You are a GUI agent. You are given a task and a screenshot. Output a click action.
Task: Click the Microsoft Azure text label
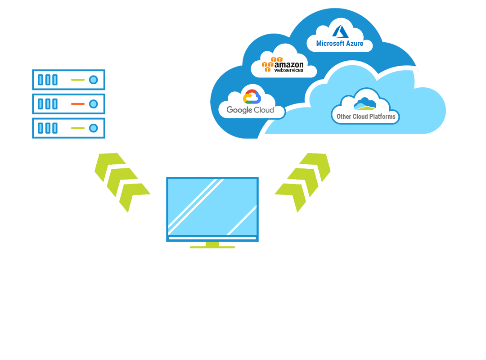click(339, 44)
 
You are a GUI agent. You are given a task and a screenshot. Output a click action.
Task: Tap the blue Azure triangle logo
click(340, 31)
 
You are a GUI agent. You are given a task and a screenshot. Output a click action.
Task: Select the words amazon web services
click(289, 67)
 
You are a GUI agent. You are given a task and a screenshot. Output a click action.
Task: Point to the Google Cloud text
click(250, 110)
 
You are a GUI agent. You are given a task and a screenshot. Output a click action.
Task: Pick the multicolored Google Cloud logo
click(252, 97)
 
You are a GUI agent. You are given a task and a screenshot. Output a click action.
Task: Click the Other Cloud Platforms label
click(366, 117)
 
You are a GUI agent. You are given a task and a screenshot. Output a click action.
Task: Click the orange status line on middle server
click(77, 104)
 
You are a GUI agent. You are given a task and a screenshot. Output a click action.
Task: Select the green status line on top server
click(77, 80)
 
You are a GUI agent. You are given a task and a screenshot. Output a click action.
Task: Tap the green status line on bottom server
click(77, 128)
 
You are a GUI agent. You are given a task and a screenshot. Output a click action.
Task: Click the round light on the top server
click(93, 80)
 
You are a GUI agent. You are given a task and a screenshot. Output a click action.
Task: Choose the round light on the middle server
click(93, 104)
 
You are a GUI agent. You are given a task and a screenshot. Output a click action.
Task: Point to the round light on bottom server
click(93, 128)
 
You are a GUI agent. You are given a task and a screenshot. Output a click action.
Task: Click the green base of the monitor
click(212, 246)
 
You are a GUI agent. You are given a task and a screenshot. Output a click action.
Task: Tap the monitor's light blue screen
click(212, 207)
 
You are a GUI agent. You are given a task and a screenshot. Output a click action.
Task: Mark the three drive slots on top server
click(47, 80)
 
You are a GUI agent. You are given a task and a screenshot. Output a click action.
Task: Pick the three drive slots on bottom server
click(47, 128)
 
